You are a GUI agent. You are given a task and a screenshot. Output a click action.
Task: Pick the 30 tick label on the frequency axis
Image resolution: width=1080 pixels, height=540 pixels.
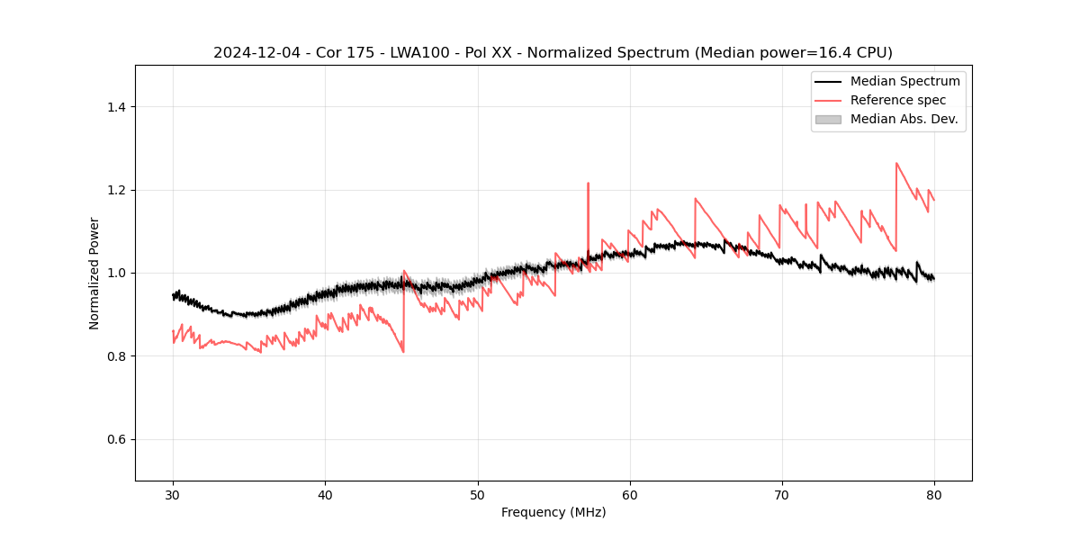pyautogui.click(x=174, y=495)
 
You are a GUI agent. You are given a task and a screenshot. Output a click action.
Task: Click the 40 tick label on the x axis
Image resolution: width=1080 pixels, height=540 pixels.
pyautogui.click(x=326, y=495)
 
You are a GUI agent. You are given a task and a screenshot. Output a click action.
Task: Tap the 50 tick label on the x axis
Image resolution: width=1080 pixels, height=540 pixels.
pyautogui.click(x=478, y=495)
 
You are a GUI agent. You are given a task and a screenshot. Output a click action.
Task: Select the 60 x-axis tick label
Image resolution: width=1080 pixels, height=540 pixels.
pyautogui.click(x=630, y=495)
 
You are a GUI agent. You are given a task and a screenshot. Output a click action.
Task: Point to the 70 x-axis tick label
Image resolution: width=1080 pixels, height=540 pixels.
pyautogui.click(x=782, y=495)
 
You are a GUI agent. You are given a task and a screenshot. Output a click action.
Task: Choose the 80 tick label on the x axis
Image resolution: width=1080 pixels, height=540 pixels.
pyautogui.click(x=934, y=495)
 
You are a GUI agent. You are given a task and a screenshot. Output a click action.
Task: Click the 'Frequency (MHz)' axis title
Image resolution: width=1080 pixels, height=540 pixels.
pyautogui.click(x=553, y=512)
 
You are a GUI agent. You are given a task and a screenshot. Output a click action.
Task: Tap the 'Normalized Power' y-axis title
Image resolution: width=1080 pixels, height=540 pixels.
pyautogui.click(x=94, y=273)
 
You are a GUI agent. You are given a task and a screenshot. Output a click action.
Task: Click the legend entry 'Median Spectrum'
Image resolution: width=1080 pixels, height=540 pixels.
pyautogui.click(x=904, y=81)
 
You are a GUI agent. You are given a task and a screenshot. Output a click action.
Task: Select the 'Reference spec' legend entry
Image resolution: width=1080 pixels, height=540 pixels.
pyautogui.click(x=897, y=100)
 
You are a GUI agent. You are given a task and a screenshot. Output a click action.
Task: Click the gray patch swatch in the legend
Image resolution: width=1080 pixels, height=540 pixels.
pyautogui.click(x=828, y=119)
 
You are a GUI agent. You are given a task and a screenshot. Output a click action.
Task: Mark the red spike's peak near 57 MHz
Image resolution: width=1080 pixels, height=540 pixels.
pyautogui.click(x=588, y=184)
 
